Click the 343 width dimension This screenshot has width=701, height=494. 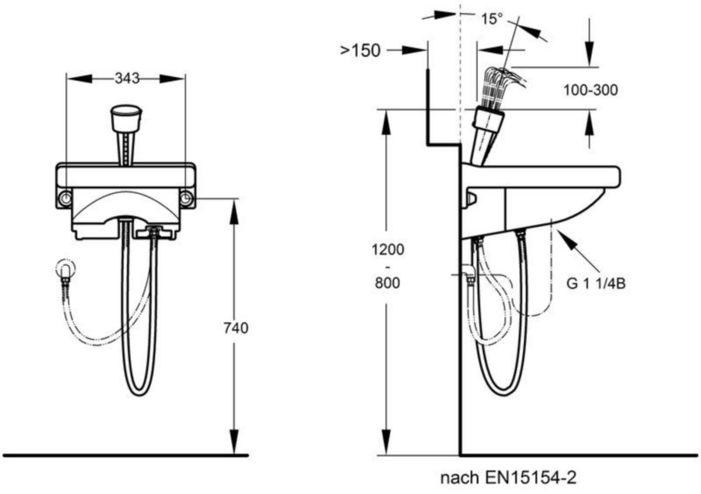point(127,78)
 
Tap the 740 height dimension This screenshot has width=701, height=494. point(236,328)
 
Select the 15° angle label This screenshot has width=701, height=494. point(492,19)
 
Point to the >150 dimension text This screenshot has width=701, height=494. point(360,50)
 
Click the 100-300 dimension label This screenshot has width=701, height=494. point(591,90)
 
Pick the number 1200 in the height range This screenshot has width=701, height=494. point(388,250)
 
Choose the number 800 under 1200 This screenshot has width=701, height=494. point(387,283)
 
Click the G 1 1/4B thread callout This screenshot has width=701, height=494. point(596,284)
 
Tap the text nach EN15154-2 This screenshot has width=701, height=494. point(508,478)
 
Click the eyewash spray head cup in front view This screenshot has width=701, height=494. point(126,118)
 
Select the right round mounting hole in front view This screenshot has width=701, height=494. point(186,198)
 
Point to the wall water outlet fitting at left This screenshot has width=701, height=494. point(65,269)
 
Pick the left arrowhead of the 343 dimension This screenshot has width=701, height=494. point(80,78)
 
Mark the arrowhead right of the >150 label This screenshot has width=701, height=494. point(414,50)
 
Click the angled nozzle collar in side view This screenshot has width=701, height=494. point(488,121)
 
